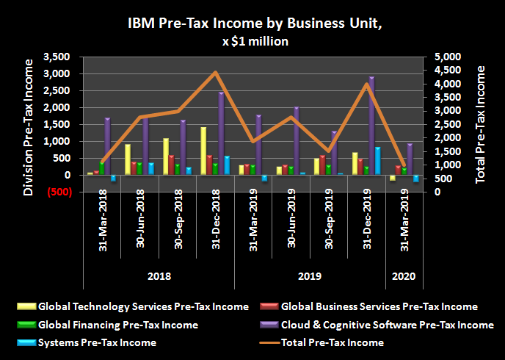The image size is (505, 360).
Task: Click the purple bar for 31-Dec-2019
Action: [x=371, y=125]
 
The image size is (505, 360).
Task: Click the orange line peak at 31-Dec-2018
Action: [x=215, y=72]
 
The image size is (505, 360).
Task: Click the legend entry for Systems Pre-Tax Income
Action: [x=97, y=342]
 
